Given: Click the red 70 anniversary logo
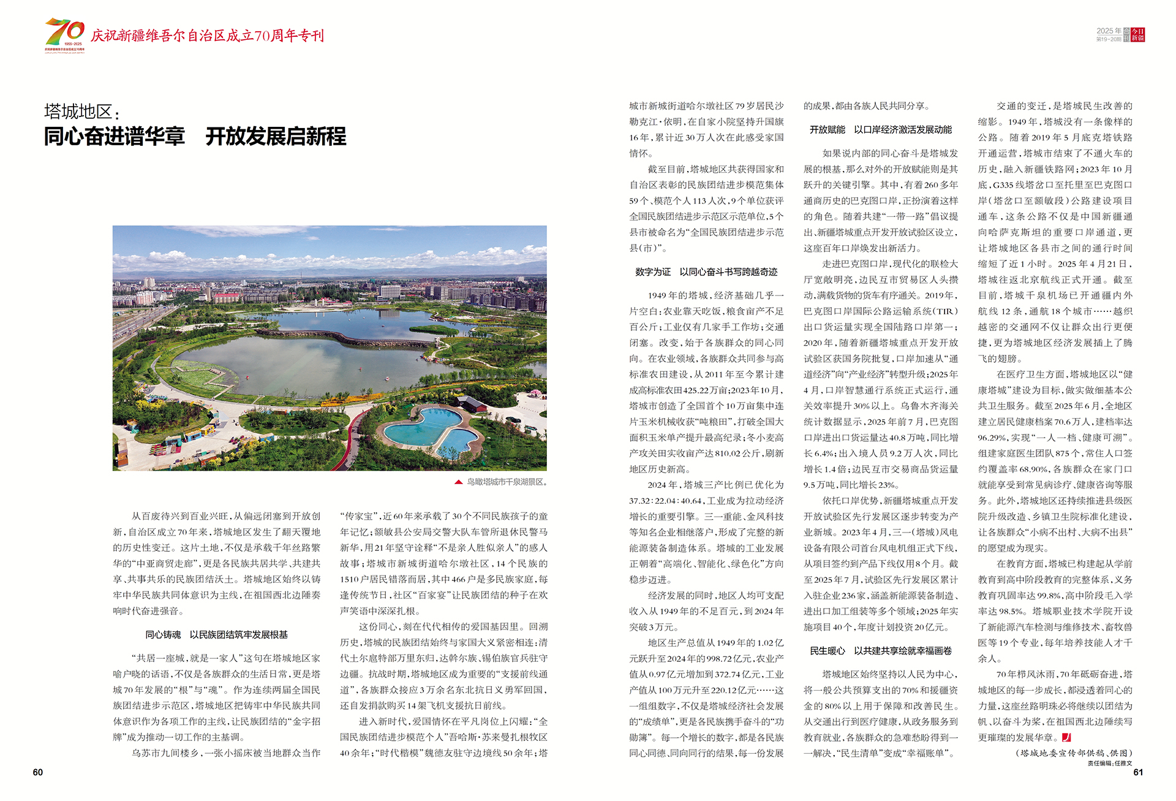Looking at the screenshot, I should [x=64, y=34].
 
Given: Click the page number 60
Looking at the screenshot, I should [x=38, y=772].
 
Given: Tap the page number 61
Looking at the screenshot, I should [x=1138, y=772].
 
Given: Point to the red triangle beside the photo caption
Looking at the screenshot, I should [x=458, y=482].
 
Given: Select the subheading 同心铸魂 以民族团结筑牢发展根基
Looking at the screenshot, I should [x=216, y=635].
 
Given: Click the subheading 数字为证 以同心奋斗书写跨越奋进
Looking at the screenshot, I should [x=706, y=272].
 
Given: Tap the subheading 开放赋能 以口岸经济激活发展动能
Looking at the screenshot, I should [x=881, y=130].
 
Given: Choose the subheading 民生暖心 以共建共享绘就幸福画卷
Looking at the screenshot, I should [x=881, y=651].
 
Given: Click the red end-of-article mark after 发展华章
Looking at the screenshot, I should [x=1066, y=737].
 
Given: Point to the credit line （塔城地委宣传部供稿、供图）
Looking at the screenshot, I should [x=1074, y=753].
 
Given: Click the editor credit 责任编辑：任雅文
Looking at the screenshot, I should [x=1110, y=764].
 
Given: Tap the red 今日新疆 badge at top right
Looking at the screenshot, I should [x=1137, y=34].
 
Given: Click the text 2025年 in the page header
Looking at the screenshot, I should [x=1109, y=31].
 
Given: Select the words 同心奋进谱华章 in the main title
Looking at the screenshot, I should [x=115, y=137].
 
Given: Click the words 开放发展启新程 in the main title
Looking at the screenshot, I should [x=276, y=137].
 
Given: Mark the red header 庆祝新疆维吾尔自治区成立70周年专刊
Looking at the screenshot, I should [x=207, y=36].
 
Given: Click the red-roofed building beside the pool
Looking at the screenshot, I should [x=472, y=403].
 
